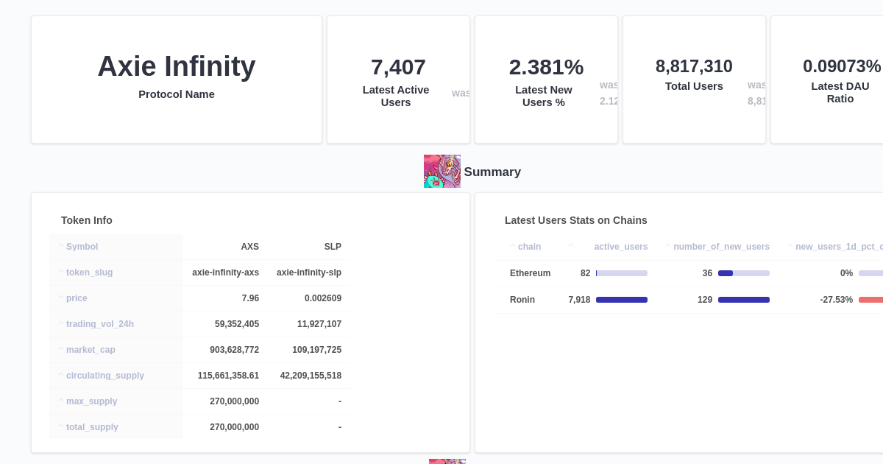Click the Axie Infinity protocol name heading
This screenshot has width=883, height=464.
177,66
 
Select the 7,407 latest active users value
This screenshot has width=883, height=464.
398,67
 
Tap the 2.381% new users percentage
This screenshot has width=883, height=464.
546,67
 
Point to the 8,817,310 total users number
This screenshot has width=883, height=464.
694,66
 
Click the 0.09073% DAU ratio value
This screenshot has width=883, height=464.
841,66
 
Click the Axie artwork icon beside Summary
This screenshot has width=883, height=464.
442,171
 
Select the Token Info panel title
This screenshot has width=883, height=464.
87,220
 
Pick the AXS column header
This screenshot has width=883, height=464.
249,247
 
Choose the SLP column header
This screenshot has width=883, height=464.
333,247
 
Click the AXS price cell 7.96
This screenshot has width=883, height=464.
250,298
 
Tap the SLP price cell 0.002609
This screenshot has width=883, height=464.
323,298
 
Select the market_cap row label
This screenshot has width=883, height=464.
91,350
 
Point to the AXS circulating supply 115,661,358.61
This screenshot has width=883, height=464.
228,376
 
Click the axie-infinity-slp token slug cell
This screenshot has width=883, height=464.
309,273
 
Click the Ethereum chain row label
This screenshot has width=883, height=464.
530,273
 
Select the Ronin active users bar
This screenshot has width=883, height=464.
622,300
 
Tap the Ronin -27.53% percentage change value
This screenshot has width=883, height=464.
836,300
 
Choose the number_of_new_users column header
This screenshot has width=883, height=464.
721,247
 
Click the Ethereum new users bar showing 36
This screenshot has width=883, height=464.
743,273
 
